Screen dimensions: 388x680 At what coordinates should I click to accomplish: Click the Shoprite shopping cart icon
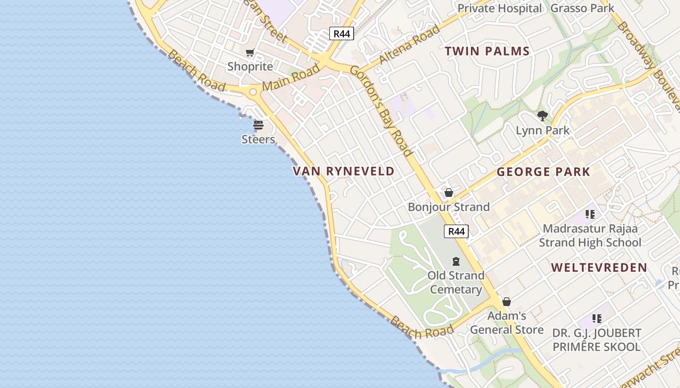pyautogui.click(x=250, y=52)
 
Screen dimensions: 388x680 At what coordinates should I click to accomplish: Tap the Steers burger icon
pyautogui.click(x=258, y=125)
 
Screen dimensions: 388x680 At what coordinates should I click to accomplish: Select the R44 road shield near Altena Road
pyautogui.click(x=341, y=33)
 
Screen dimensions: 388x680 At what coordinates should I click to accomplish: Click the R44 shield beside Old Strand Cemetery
pyautogui.click(x=456, y=231)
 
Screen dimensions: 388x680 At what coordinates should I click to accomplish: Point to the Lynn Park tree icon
pyautogui.click(x=543, y=116)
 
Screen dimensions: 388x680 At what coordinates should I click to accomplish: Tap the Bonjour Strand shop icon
pyautogui.click(x=449, y=193)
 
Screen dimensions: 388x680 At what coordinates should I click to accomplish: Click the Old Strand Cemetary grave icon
pyautogui.click(x=456, y=261)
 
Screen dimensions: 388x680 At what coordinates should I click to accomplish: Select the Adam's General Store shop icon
pyautogui.click(x=507, y=302)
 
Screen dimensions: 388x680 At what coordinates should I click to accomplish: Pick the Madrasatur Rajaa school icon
pyautogui.click(x=590, y=214)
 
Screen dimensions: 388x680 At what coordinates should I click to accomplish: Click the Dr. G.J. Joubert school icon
pyautogui.click(x=597, y=319)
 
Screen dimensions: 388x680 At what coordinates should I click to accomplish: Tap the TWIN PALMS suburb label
pyautogui.click(x=487, y=51)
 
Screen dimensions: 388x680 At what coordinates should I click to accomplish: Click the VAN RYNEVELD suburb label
pyautogui.click(x=344, y=171)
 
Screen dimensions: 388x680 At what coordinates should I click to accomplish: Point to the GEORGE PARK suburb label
pyautogui.click(x=543, y=172)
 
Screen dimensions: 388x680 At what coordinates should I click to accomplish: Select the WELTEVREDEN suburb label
pyautogui.click(x=599, y=267)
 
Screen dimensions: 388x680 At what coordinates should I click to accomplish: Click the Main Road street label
pyautogui.click(x=291, y=78)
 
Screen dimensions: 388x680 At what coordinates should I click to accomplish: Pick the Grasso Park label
pyautogui.click(x=582, y=8)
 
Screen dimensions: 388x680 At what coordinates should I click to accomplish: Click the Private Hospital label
pyautogui.click(x=499, y=8)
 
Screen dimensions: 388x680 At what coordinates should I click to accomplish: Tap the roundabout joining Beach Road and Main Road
pyautogui.click(x=253, y=92)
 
